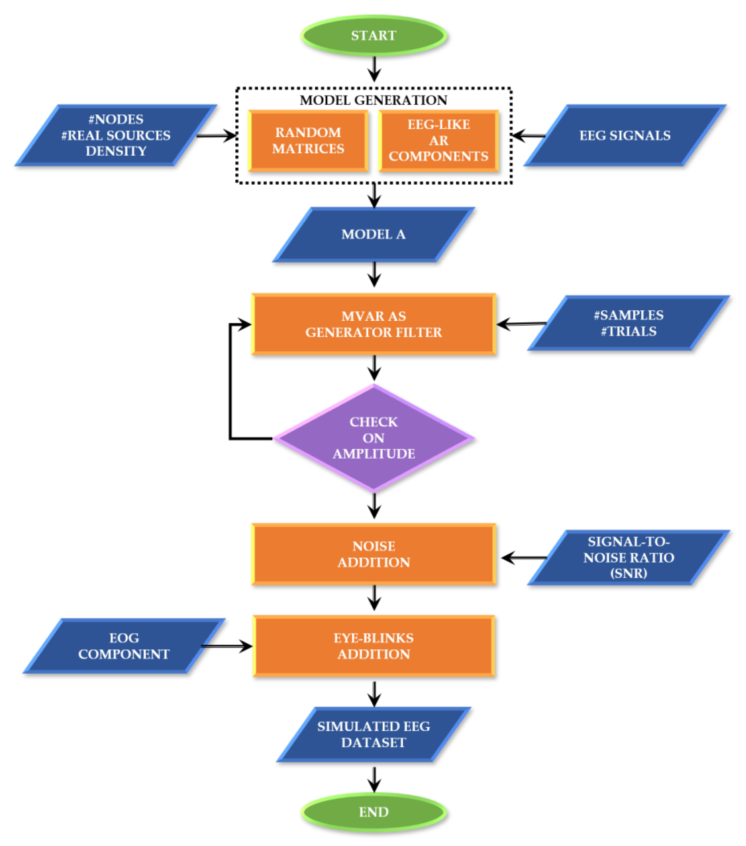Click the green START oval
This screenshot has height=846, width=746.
[x=374, y=36]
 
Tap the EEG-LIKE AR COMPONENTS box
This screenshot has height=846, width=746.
[x=438, y=141]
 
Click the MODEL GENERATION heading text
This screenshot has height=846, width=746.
[x=373, y=100]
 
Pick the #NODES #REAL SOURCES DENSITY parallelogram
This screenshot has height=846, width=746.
[x=116, y=135]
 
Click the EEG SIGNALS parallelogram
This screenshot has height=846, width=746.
[x=625, y=135]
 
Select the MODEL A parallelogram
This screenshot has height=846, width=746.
[x=373, y=235]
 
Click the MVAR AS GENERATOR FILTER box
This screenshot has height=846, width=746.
[x=374, y=324]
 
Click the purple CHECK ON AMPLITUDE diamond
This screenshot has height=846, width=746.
[x=374, y=438]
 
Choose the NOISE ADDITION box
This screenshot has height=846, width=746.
[x=374, y=554]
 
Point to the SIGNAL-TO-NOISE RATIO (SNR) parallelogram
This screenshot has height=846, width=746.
[x=628, y=558]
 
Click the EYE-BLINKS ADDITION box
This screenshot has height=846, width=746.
[x=374, y=646]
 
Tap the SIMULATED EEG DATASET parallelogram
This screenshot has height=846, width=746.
[x=373, y=734]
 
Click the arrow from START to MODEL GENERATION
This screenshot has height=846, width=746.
[x=374, y=68]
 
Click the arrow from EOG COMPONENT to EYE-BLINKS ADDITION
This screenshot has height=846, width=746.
[x=227, y=646]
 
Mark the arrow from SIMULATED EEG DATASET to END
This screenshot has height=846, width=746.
[x=374, y=779]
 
